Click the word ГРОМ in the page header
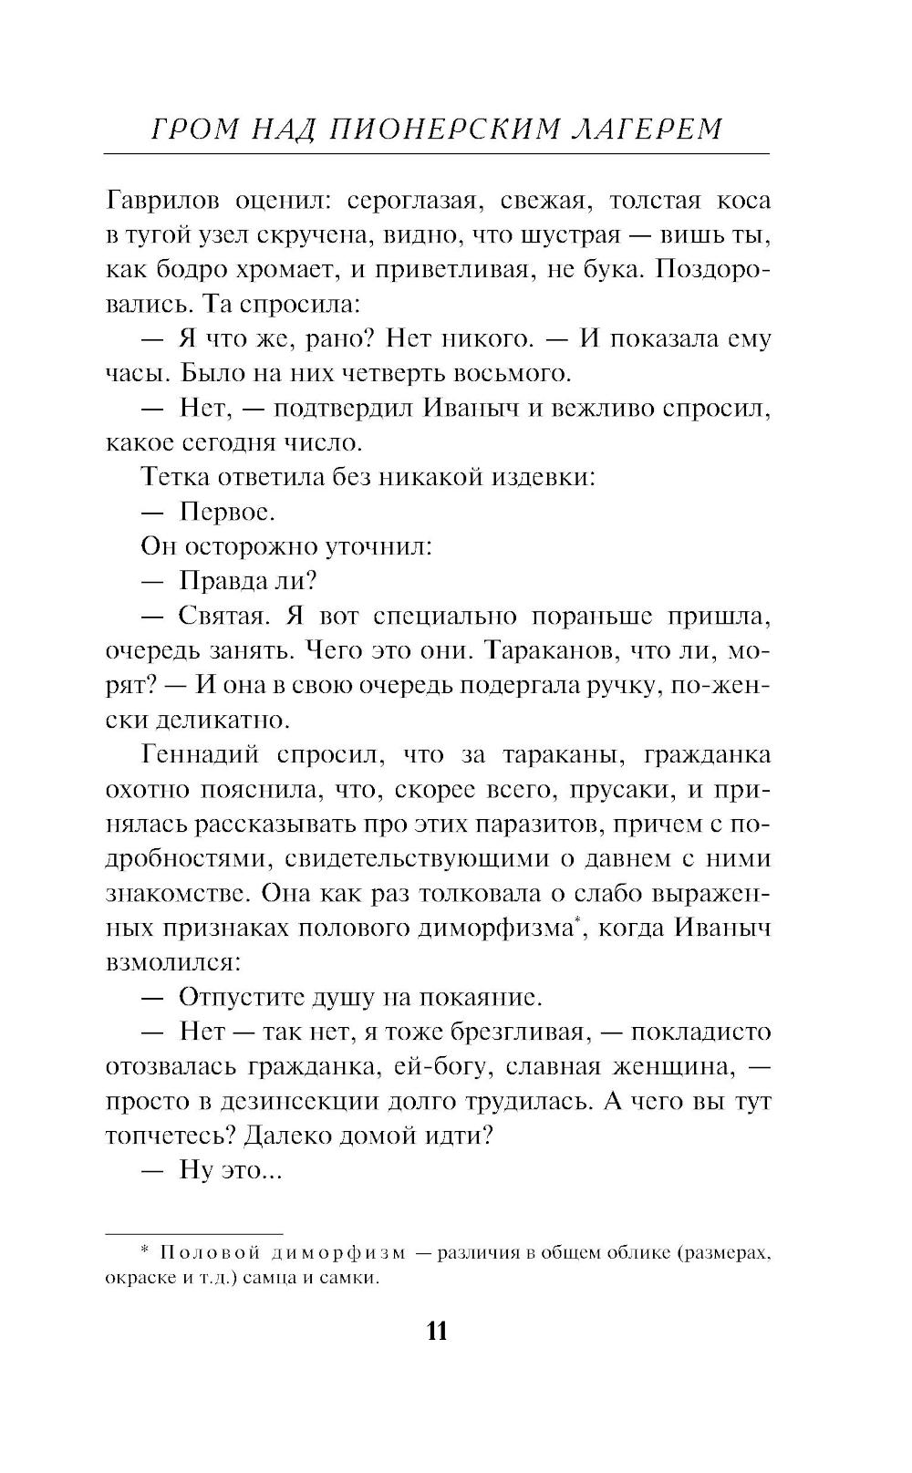pyautogui.click(x=187, y=129)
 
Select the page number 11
pyautogui.click(x=437, y=1332)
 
